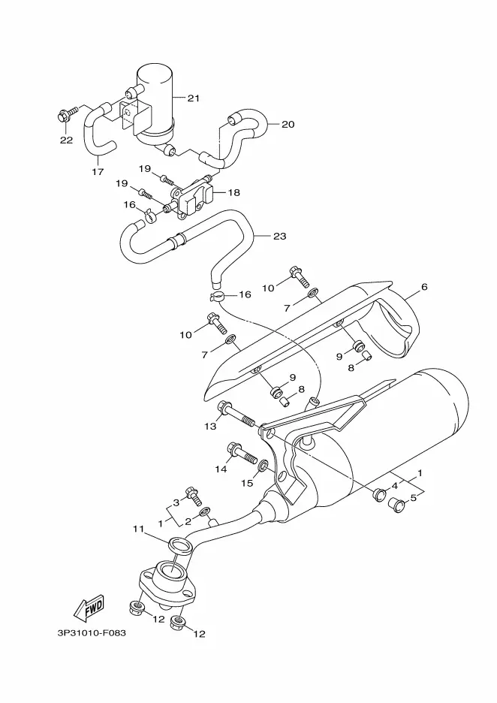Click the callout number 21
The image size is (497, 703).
193,98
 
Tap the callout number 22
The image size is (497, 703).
66,140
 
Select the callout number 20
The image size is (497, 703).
288,124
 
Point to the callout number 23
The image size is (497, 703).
279,237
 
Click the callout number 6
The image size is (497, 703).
424,287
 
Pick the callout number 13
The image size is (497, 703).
210,427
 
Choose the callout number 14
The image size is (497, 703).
221,469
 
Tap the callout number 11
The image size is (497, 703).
138,530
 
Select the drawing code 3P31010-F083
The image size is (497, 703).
92,633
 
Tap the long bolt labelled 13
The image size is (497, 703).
236,415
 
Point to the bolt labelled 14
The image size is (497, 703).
242,454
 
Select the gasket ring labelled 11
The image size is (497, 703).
179,545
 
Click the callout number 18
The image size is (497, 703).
234,193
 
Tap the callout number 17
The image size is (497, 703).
98,172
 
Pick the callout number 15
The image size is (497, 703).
248,483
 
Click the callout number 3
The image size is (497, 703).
176,502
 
